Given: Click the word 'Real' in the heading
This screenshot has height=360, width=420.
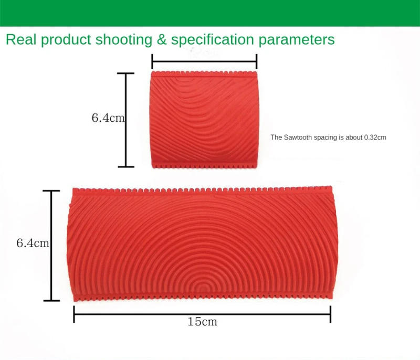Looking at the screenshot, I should tap(20, 40).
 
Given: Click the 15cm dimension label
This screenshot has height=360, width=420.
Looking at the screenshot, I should tap(202, 322).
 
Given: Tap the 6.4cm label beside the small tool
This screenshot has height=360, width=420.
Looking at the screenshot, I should tap(108, 118).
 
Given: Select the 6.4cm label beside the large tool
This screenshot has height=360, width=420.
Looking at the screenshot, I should tap(33, 243).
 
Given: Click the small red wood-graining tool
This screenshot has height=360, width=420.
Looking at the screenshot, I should tap(204, 120).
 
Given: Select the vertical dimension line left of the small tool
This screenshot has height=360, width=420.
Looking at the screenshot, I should tap(126, 120).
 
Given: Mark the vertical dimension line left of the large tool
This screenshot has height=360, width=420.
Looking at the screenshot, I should tap(51, 246).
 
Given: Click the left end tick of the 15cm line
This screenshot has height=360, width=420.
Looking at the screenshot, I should tap(74, 314).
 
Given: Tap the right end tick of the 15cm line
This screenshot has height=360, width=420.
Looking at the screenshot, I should tap(330, 314).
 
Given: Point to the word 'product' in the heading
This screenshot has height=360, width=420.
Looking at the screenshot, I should tap(62, 40).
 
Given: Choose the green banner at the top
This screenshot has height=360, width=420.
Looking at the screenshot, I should tap(210, 13).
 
